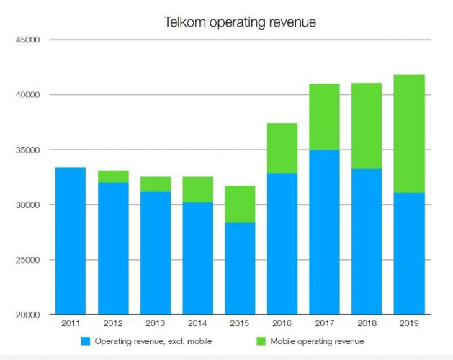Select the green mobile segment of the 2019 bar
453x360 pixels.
pyautogui.click(x=409, y=134)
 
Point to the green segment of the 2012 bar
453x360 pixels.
pyautogui.click(x=112, y=176)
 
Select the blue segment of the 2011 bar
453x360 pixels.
pyautogui.click(x=70, y=241)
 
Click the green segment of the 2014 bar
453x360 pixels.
pyautogui.click(x=197, y=189)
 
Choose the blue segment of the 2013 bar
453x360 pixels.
pyautogui.click(x=155, y=253)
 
